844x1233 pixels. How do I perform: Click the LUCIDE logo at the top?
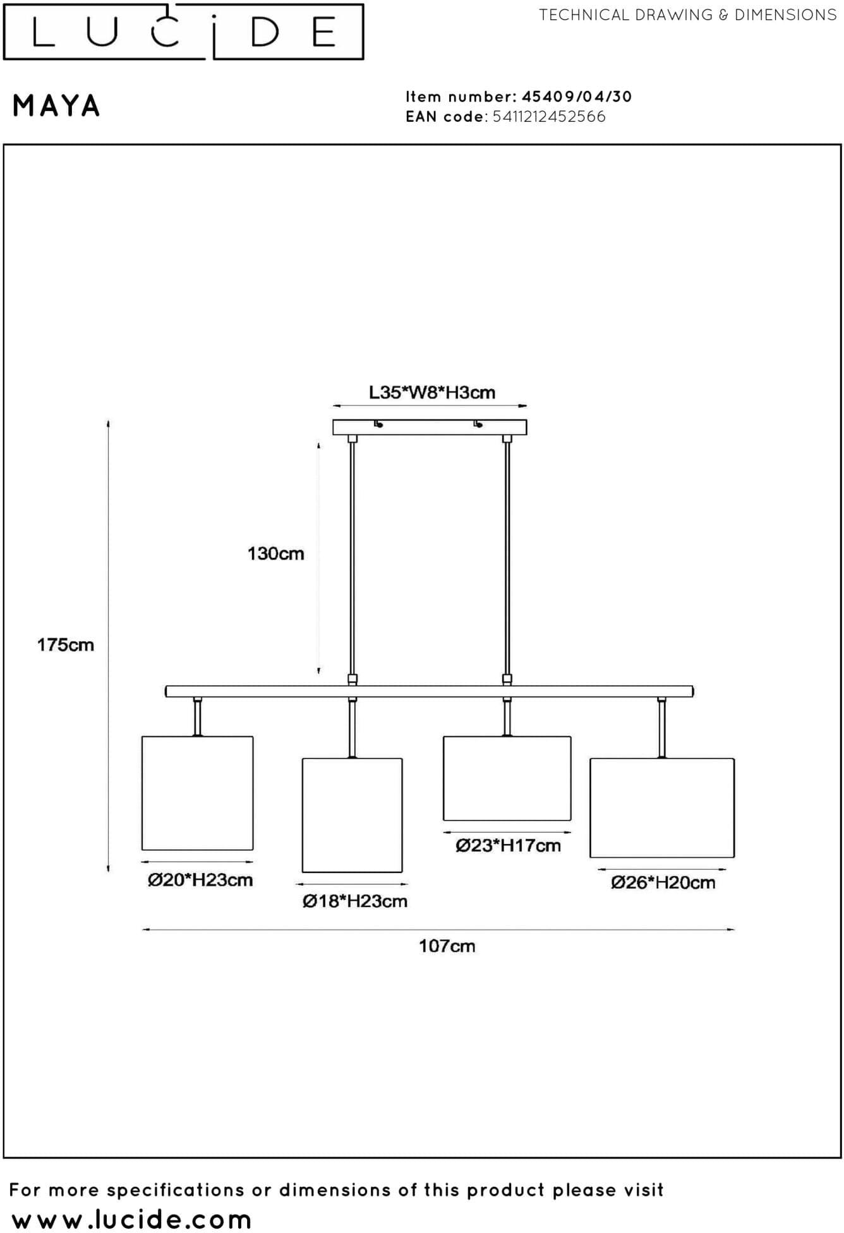click(x=183, y=32)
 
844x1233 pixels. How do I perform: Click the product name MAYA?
click(x=56, y=106)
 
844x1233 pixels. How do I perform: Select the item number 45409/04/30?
click(x=577, y=97)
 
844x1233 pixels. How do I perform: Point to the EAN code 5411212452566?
click(x=549, y=117)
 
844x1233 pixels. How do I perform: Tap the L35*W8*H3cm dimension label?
click(x=432, y=393)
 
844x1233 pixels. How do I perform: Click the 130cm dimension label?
click(x=275, y=554)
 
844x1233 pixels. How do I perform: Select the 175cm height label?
click(x=65, y=645)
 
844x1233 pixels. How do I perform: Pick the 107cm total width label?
click(x=447, y=946)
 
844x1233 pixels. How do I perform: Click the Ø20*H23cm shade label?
click(x=200, y=880)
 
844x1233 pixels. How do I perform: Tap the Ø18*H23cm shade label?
click(x=354, y=901)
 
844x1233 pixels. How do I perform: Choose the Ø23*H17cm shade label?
click(x=508, y=846)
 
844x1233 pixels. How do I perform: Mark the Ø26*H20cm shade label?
click(x=663, y=882)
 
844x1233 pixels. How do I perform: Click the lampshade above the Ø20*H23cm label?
click(x=198, y=793)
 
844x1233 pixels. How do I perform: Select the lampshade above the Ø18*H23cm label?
click(x=353, y=815)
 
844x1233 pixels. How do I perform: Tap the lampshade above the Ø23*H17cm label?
click(x=507, y=778)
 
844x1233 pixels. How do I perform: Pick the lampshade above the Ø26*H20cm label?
click(x=662, y=808)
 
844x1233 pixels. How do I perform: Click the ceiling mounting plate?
click(x=430, y=428)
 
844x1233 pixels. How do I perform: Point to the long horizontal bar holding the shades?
click(x=430, y=692)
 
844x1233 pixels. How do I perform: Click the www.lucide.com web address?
click(x=131, y=1218)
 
